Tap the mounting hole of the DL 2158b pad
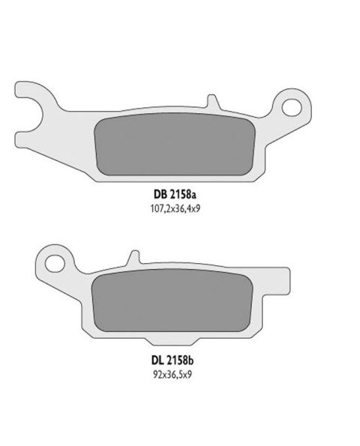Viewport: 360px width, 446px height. (x=54, y=264)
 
